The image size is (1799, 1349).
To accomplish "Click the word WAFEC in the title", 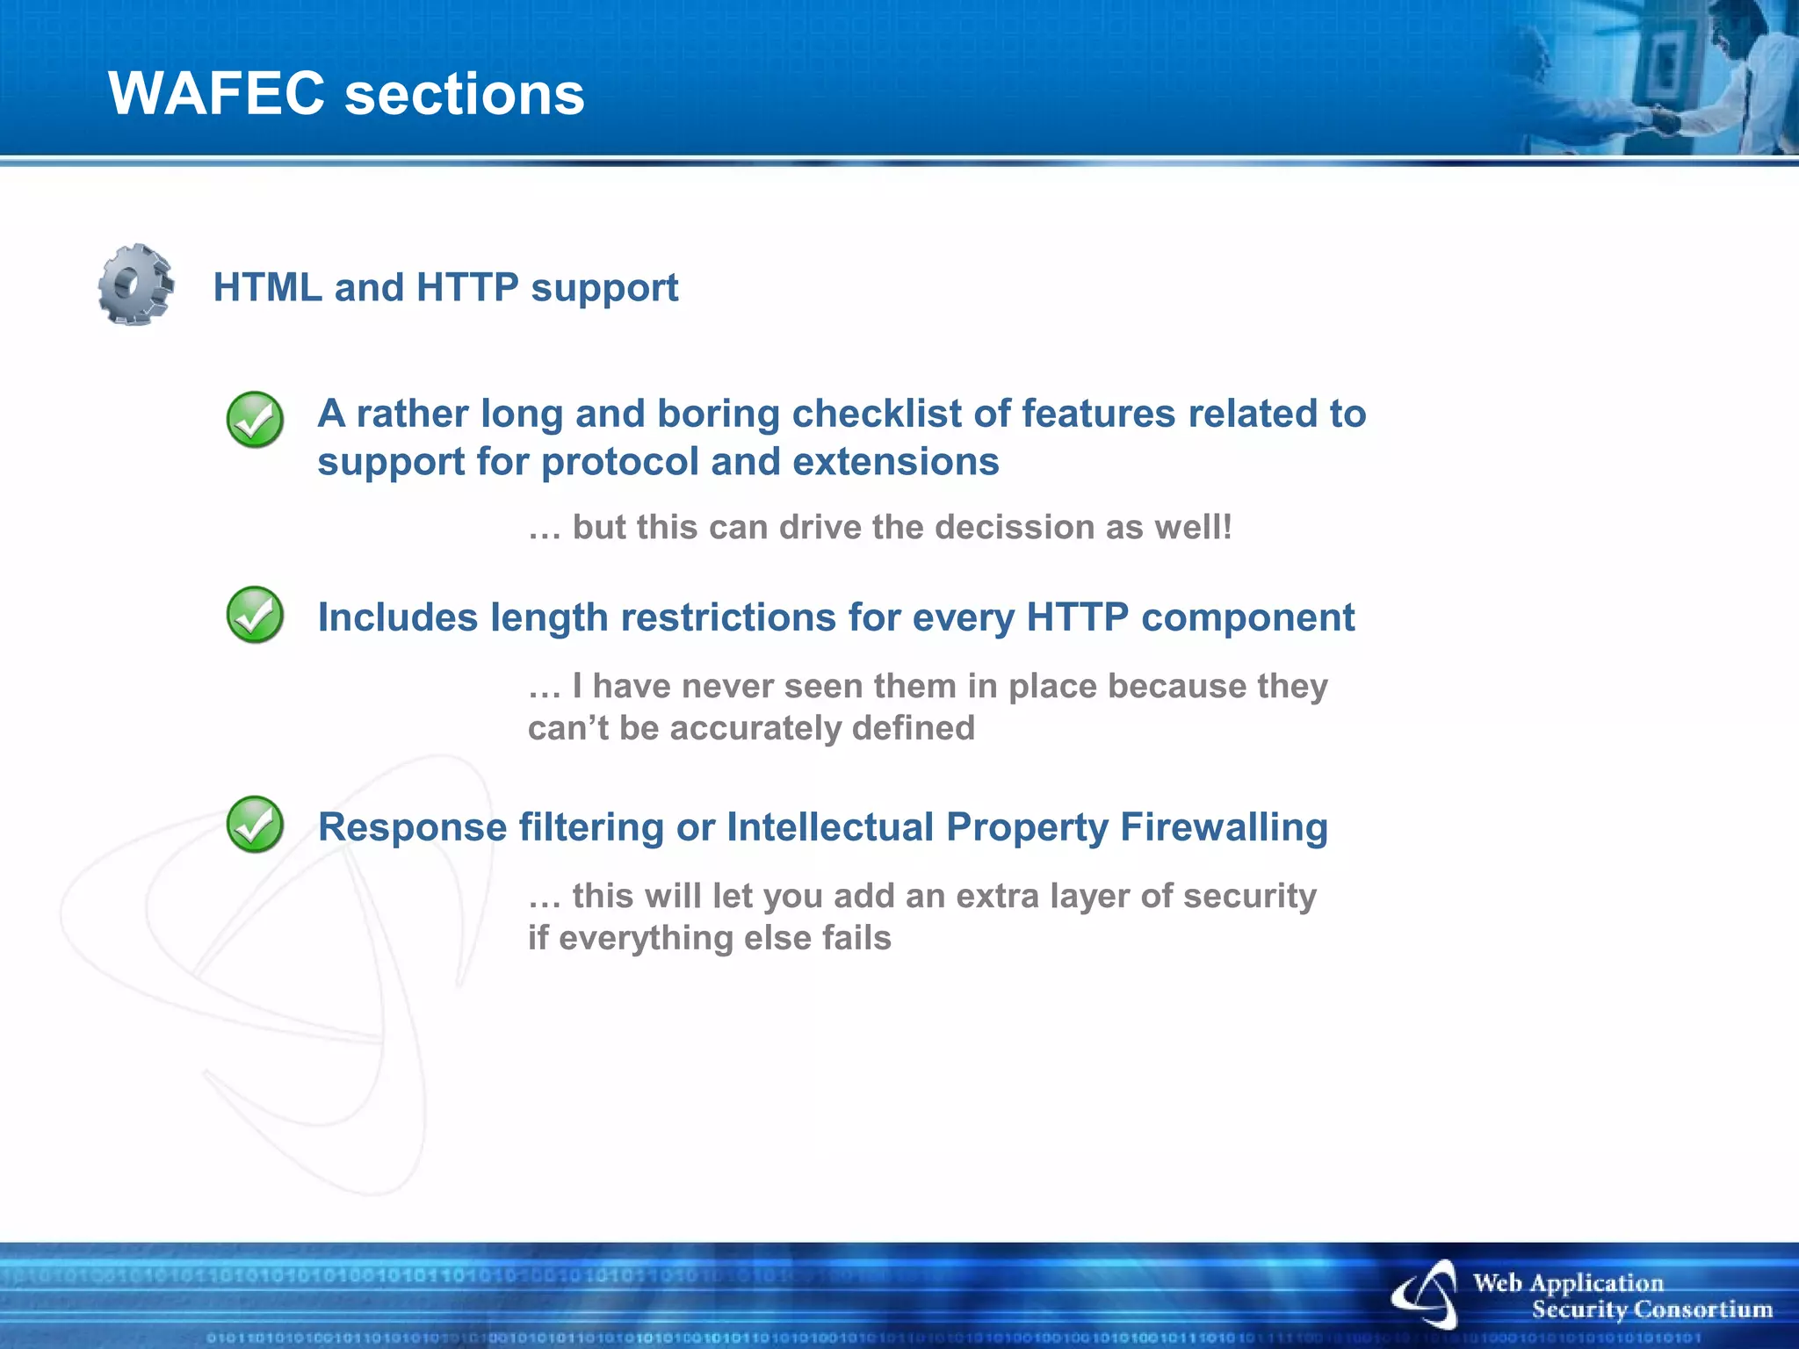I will point(216,94).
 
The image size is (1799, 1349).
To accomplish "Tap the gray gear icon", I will point(135,285).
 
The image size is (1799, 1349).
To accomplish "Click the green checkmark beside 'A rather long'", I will point(255,420).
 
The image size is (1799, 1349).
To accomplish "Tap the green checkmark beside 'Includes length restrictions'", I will point(255,615).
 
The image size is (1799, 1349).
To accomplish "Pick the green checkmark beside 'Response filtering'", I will point(255,825).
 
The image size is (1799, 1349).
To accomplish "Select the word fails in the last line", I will point(856,938).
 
